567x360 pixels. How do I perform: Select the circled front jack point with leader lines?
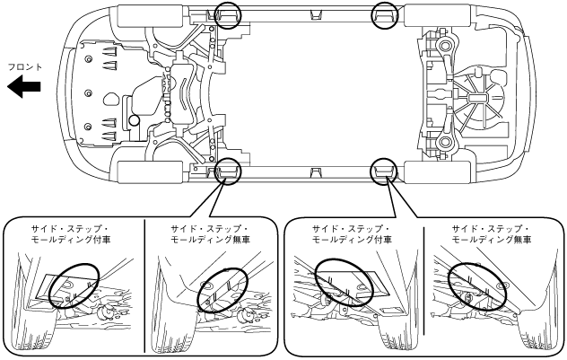point(226,171)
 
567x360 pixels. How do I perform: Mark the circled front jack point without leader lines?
point(228,14)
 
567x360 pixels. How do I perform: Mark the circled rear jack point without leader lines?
point(385,14)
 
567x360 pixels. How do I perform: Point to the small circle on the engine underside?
point(133,119)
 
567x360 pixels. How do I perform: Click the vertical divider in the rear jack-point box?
point(422,287)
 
